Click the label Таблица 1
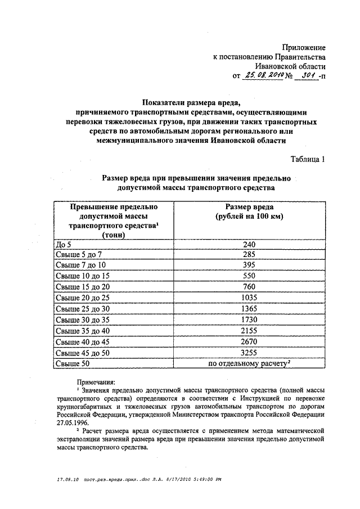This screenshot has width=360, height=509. (x=308, y=159)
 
